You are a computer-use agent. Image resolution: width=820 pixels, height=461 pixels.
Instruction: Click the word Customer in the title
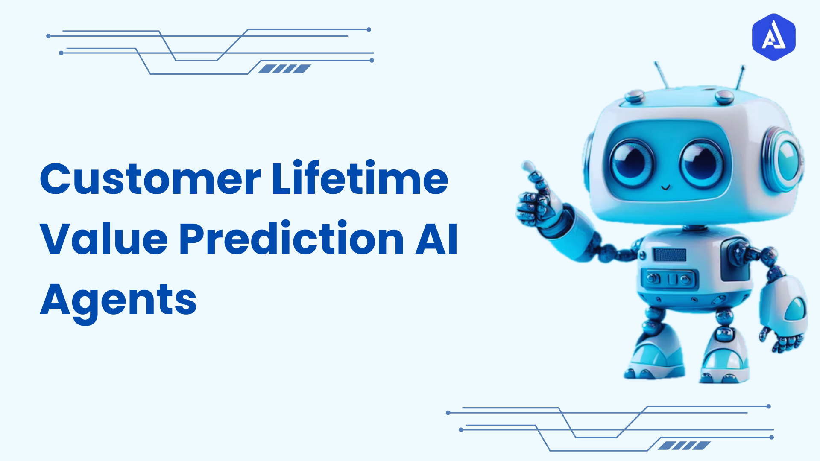click(x=149, y=179)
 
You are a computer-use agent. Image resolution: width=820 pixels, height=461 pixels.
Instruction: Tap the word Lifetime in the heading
click(x=360, y=178)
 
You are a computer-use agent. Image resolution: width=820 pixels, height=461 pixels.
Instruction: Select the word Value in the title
click(x=104, y=239)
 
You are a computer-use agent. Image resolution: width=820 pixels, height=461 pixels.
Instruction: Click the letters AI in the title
click(x=436, y=239)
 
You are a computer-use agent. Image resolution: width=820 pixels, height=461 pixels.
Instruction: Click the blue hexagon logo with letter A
click(x=773, y=37)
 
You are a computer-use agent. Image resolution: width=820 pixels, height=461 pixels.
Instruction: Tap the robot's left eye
click(x=631, y=163)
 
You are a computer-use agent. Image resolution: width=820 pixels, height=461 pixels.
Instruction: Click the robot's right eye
click(x=702, y=164)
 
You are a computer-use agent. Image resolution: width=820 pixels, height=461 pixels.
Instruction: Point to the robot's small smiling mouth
click(x=665, y=187)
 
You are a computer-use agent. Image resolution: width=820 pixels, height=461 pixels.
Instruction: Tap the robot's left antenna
click(x=662, y=75)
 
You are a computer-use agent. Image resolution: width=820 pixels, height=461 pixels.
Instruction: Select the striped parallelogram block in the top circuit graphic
click(x=284, y=69)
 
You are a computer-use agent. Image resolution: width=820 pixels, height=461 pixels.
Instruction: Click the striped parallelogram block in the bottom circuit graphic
click(x=684, y=446)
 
